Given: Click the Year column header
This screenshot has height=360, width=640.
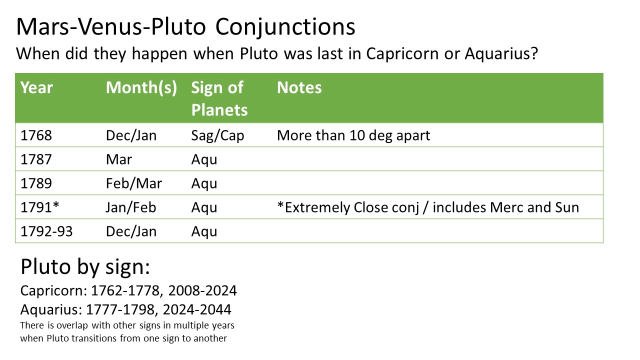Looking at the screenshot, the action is pos(36,87).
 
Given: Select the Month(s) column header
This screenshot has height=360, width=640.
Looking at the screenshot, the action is pos(141,87).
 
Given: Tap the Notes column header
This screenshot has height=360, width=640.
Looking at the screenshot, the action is pos(299,87).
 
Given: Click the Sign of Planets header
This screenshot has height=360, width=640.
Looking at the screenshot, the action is pos(219,99).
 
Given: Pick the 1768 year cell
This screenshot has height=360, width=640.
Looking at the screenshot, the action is pos(36,135).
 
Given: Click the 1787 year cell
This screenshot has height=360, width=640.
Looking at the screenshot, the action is pos(36,159).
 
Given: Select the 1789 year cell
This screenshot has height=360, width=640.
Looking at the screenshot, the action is pos(36,183).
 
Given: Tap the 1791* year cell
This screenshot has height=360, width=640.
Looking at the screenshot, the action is pos(39,207).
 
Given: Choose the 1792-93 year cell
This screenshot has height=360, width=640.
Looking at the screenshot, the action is pos(46,231).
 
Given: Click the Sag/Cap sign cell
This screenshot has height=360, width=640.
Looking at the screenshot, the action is pos(217,135).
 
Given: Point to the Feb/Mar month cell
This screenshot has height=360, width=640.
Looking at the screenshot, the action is pos(133,183).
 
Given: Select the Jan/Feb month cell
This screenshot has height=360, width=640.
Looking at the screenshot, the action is pos(131,207).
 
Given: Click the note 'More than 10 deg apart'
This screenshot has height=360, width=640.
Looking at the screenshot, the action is pos(353,135).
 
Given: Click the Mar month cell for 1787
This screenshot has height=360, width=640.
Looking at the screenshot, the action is pos(119,159).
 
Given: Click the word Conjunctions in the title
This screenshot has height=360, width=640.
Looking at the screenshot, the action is pos(285,27).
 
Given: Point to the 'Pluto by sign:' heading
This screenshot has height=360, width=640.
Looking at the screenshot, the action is pos(85,267).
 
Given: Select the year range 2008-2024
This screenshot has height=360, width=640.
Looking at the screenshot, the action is pos(202,291).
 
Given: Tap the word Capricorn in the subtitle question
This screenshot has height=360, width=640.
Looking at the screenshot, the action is pos(402,53).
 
